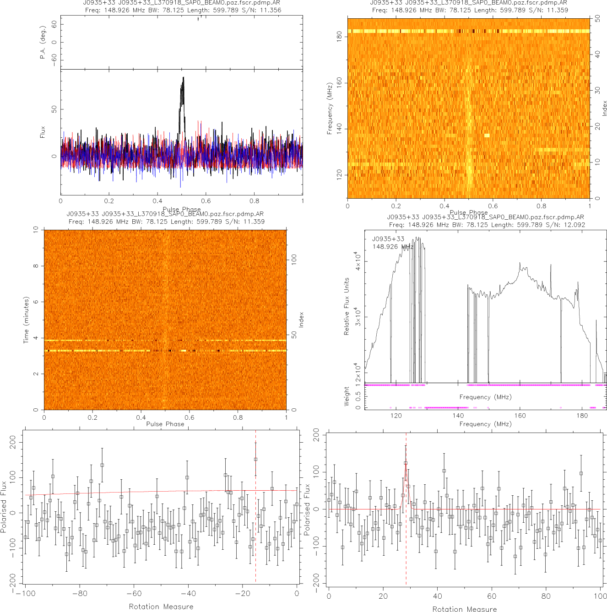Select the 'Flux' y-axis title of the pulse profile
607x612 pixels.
(x=43, y=132)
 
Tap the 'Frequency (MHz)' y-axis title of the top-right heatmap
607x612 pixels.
(x=329, y=108)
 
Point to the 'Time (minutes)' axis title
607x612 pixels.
(x=26, y=320)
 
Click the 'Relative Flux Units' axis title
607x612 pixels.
(x=347, y=306)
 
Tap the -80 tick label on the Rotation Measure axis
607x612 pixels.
(x=79, y=594)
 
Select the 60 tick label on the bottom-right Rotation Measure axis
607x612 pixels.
(x=492, y=596)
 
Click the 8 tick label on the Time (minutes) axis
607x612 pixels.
(x=36, y=266)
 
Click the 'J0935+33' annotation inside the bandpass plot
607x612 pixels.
(x=388, y=239)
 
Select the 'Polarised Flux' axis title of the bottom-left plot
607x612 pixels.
(x=4, y=506)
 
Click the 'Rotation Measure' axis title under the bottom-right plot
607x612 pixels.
(x=464, y=609)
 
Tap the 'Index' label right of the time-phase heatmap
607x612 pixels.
(x=301, y=320)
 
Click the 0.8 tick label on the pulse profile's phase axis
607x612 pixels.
(x=254, y=200)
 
